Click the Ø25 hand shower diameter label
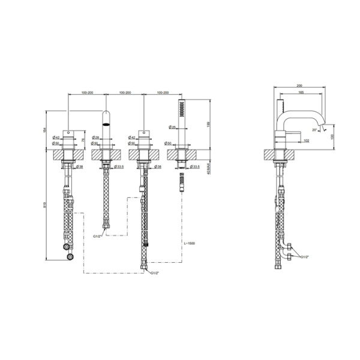point(172,127)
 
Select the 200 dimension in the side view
point(299,86)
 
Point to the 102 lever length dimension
point(306,140)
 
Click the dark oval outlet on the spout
point(106,125)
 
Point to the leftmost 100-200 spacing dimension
point(88,93)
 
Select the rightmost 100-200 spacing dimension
point(162,93)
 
